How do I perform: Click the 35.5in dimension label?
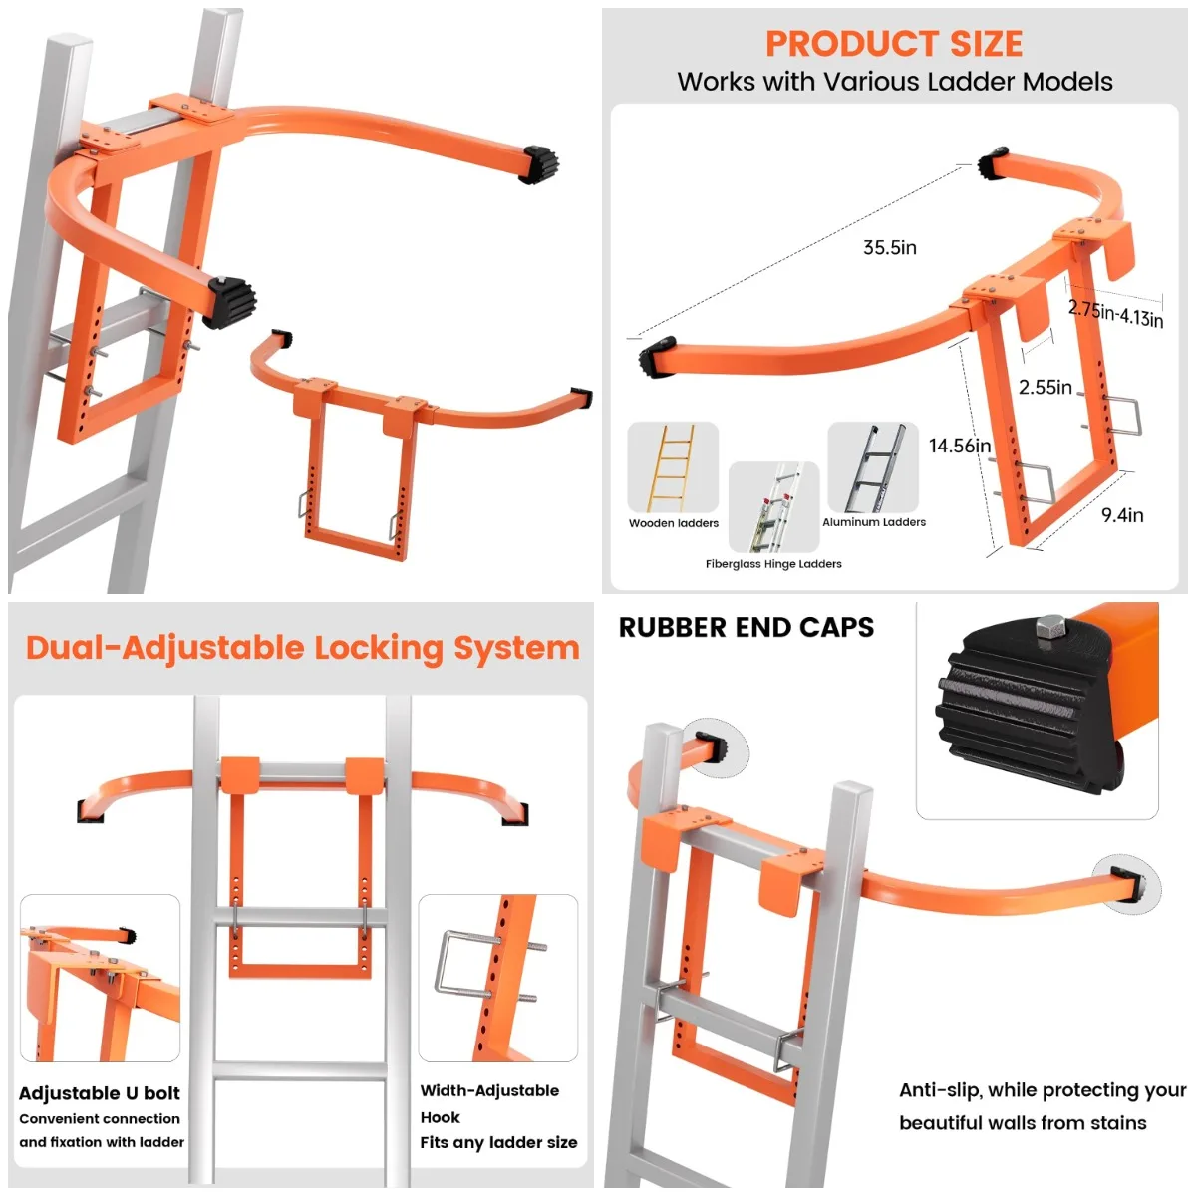(889, 248)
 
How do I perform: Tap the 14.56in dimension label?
(959, 446)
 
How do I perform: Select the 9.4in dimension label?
(1122, 515)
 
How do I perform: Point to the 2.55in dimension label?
(1045, 387)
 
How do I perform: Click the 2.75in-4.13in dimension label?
(1115, 314)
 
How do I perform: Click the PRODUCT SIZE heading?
(894, 44)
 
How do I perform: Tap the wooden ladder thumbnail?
(673, 466)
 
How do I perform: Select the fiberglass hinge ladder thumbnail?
(773, 506)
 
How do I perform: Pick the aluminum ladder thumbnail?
(873, 466)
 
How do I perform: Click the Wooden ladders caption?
(673, 523)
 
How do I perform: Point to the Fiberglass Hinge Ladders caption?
(773, 564)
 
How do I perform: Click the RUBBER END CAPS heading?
(746, 628)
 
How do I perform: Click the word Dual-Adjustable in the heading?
(164, 648)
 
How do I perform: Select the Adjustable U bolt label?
(100, 1093)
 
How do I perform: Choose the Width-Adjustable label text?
(489, 1090)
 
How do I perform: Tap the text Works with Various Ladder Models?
(894, 82)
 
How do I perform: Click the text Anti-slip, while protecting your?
(1042, 1090)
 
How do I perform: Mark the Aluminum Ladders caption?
(873, 522)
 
